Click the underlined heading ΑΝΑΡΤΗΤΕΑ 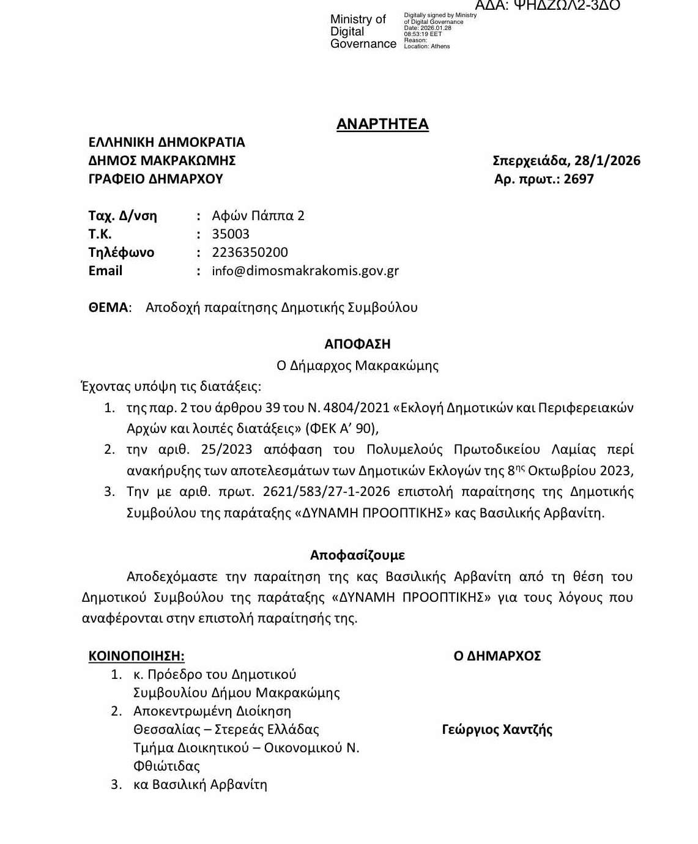pyautogui.click(x=382, y=124)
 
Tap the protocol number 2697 pyautogui.click(x=579, y=179)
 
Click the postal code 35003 pyautogui.click(x=231, y=234)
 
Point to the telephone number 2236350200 pyautogui.click(x=250, y=253)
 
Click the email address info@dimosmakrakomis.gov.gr pyautogui.click(x=305, y=271)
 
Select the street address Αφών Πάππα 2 pyautogui.click(x=258, y=216)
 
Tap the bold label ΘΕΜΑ pyautogui.click(x=109, y=308)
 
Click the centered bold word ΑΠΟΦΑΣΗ pyautogui.click(x=357, y=344)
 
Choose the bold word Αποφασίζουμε pyautogui.click(x=357, y=555)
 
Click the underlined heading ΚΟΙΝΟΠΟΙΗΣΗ pyautogui.click(x=136, y=656)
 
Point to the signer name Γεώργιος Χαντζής pyautogui.click(x=497, y=730)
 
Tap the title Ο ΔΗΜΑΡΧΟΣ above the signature pyautogui.click(x=497, y=656)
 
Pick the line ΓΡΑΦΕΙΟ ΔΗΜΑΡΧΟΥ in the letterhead pyautogui.click(x=155, y=179)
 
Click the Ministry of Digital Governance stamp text pyautogui.click(x=363, y=32)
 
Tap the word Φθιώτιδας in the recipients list pyautogui.click(x=166, y=766)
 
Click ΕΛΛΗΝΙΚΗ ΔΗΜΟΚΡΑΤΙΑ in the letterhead pyautogui.click(x=166, y=143)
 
